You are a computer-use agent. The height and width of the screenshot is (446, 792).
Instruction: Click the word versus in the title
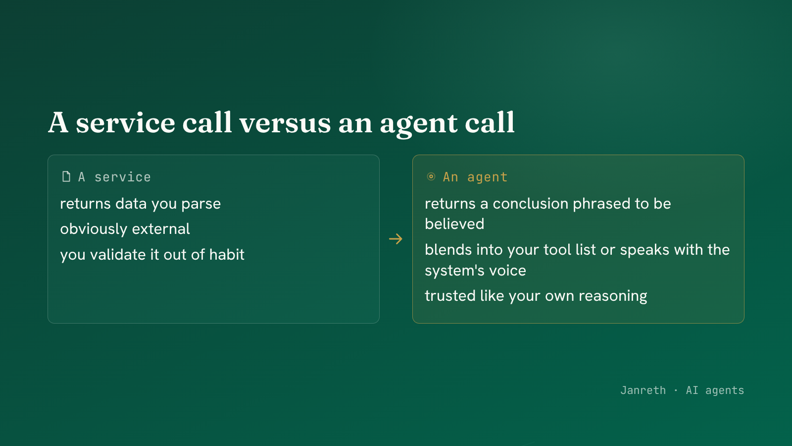click(285, 123)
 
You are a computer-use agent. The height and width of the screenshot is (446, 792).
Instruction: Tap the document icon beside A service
click(66, 176)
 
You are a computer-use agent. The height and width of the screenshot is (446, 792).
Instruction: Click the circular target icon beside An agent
click(431, 176)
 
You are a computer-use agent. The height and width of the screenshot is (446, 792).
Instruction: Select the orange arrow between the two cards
click(396, 239)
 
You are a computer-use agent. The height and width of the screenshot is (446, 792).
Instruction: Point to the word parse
click(201, 204)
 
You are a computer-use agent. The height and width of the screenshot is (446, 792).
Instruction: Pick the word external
click(161, 228)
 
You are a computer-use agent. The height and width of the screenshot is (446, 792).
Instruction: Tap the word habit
click(227, 254)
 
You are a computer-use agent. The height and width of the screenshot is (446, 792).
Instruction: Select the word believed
click(454, 224)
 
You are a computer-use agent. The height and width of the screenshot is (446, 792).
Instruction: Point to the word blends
click(448, 250)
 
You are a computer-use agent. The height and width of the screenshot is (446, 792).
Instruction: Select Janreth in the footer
click(643, 390)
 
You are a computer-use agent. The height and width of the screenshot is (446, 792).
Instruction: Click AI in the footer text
click(692, 390)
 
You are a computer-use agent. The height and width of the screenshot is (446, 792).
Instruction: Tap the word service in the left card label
click(122, 177)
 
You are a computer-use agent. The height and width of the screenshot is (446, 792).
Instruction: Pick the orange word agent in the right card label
click(487, 177)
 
